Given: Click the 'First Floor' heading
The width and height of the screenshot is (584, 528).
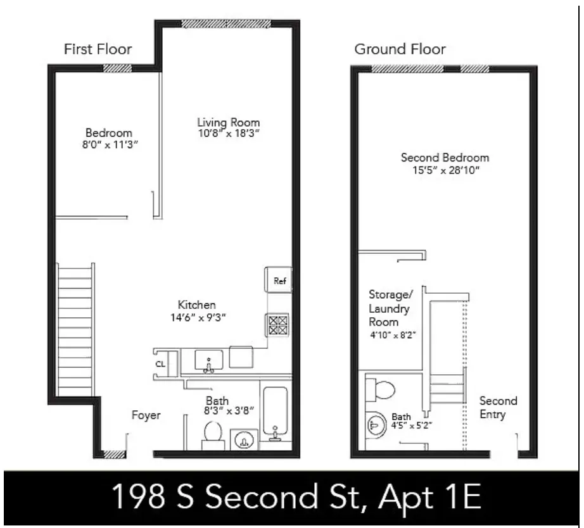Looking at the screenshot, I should [x=98, y=49].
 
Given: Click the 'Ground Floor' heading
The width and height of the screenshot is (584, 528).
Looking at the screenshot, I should [x=400, y=49].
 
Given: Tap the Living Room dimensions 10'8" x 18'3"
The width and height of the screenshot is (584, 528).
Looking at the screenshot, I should [x=228, y=134].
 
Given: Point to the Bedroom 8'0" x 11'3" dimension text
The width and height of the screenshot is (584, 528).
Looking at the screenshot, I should [x=109, y=144].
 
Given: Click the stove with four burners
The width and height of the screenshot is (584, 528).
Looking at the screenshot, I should [x=277, y=325].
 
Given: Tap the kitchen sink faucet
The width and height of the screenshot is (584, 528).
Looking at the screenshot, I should [x=209, y=363].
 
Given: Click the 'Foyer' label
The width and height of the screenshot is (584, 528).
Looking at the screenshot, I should [x=146, y=415].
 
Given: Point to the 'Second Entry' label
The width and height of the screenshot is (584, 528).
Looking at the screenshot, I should [x=498, y=408].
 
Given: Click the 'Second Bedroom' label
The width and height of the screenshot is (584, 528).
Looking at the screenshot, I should [x=445, y=158].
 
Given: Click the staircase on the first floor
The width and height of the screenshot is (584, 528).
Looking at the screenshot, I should [x=75, y=329].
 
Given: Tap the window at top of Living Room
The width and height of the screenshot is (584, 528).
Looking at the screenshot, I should [x=226, y=24].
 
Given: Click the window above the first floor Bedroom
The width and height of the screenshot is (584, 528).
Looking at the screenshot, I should [x=118, y=68].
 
